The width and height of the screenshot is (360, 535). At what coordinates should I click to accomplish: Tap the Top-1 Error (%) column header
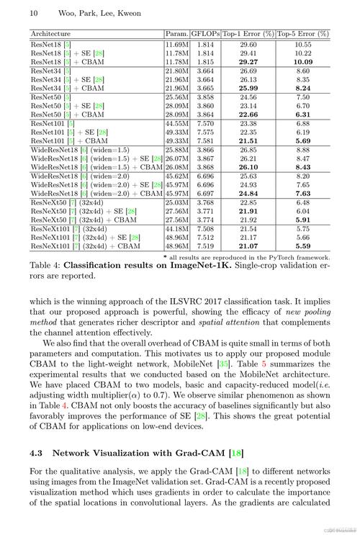(248, 34)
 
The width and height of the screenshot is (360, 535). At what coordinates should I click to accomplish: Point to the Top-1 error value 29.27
(248, 62)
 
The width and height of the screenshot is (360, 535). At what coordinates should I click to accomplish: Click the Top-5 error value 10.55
(303, 44)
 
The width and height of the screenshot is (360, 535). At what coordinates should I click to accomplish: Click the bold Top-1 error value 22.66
(248, 114)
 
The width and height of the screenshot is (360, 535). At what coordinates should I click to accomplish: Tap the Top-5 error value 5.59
(303, 246)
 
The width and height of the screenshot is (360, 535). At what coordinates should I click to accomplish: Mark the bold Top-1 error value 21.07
(248, 246)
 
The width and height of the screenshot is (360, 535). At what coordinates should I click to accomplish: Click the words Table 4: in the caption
(45, 265)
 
